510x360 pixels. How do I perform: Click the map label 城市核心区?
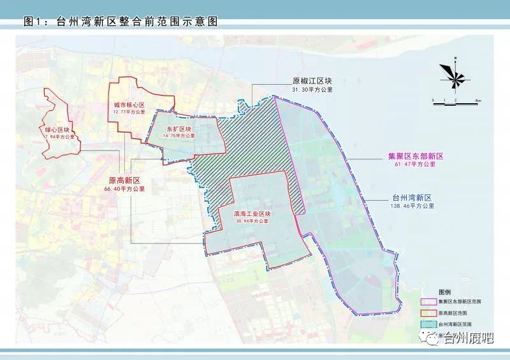coord(129,104)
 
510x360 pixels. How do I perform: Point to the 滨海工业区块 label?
coord(254,214)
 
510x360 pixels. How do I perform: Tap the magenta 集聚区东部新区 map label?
coord(415,155)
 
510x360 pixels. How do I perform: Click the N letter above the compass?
coord(456,59)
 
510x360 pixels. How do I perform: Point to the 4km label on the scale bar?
coord(477,101)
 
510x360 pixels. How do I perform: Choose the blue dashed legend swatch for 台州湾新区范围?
coord(428,324)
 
